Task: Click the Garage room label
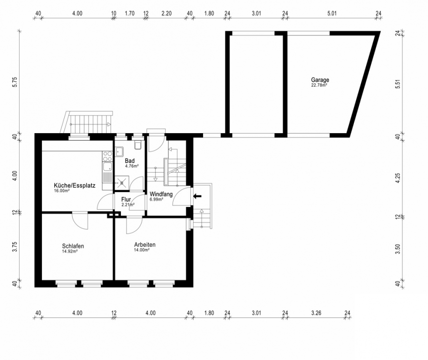pyautogui.click(x=320, y=80)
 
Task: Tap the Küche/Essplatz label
pyautogui.click(x=75, y=185)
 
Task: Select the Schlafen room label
pyautogui.click(x=73, y=246)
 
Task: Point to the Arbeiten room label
pyautogui.click(x=145, y=244)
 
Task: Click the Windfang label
pyautogui.click(x=161, y=195)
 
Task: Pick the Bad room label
pyautogui.click(x=130, y=161)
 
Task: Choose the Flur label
pyautogui.click(x=126, y=200)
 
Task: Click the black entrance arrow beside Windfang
pyautogui.click(x=197, y=196)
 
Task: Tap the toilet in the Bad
pyautogui.click(x=138, y=145)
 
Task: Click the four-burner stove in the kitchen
pyautogui.click(x=107, y=156)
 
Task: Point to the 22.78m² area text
pyautogui.click(x=319, y=85)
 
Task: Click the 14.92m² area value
pyautogui.click(x=69, y=252)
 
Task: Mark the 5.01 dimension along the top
pyautogui.click(x=332, y=13)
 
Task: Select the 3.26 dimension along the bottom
pyautogui.click(x=316, y=313)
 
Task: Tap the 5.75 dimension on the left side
pyautogui.click(x=15, y=82)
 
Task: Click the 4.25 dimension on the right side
pyautogui.click(x=398, y=178)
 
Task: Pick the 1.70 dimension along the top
pyautogui.click(x=130, y=13)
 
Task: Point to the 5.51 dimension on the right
pyautogui.click(x=398, y=84)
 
